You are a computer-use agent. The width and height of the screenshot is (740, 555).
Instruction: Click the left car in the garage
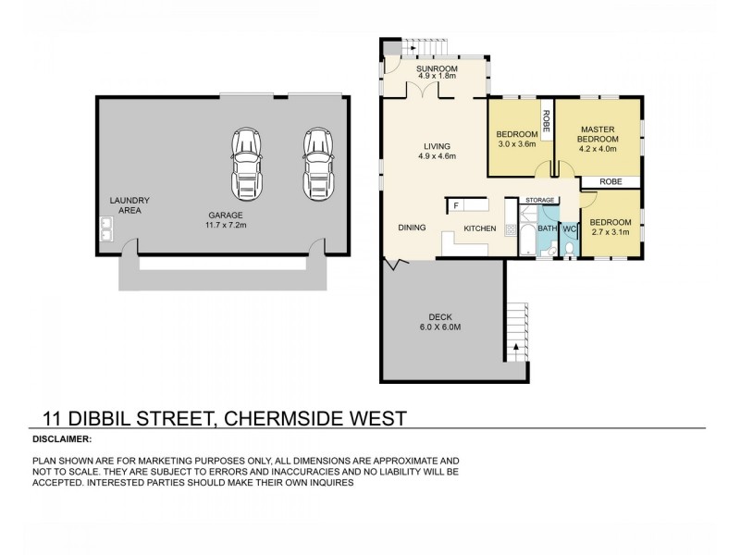pyautogui.click(x=246, y=162)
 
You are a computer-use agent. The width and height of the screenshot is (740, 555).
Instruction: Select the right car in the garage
pyautogui.click(x=316, y=162)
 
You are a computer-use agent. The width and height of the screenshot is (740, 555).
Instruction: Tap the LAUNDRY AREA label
pyautogui.click(x=129, y=205)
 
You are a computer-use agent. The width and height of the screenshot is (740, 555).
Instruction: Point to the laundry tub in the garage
pyautogui.click(x=106, y=227)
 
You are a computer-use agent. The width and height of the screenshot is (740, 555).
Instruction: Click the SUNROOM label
pyautogui.click(x=434, y=69)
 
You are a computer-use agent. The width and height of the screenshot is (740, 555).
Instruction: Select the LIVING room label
pyautogui.click(x=437, y=146)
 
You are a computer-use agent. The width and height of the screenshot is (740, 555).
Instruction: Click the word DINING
pyautogui.click(x=412, y=228)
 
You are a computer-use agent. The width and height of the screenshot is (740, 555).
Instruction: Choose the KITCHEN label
pyautogui.click(x=480, y=228)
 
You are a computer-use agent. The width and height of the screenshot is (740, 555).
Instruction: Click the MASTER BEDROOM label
pyautogui.click(x=604, y=134)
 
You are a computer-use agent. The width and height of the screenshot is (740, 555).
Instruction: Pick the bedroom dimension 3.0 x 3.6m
pyautogui.click(x=516, y=144)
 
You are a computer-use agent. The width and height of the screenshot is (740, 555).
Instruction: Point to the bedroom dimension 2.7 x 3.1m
pyautogui.click(x=610, y=232)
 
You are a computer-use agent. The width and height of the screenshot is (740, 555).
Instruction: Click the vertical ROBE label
pyautogui.click(x=547, y=122)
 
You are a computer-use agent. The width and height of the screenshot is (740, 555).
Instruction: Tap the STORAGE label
pyautogui.click(x=539, y=200)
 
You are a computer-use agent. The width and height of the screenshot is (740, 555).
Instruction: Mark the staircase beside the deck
pyautogui.click(x=515, y=334)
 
